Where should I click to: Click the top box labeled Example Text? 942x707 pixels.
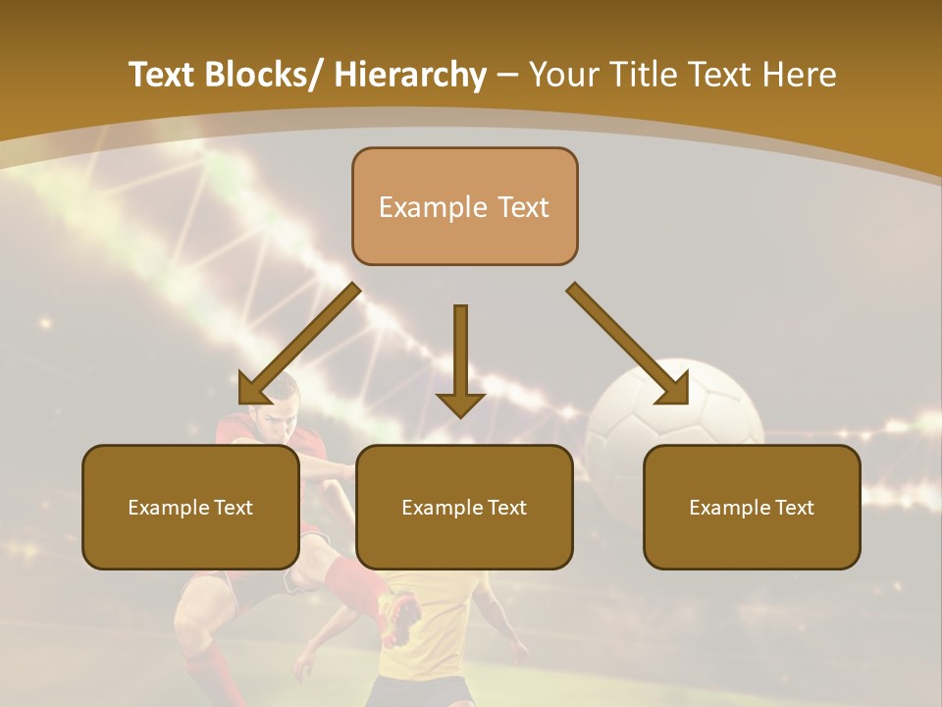[465, 206]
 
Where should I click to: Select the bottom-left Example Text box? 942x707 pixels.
[190, 507]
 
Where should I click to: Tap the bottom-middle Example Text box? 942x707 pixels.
[464, 507]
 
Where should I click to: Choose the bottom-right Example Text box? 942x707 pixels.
[752, 507]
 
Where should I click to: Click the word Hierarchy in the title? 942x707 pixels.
[410, 76]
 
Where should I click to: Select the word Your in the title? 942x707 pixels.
[563, 76]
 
